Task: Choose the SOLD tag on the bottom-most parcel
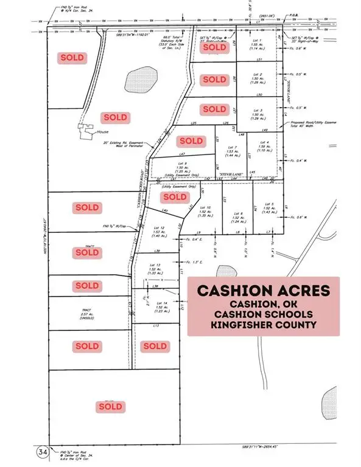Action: (111, 406)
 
